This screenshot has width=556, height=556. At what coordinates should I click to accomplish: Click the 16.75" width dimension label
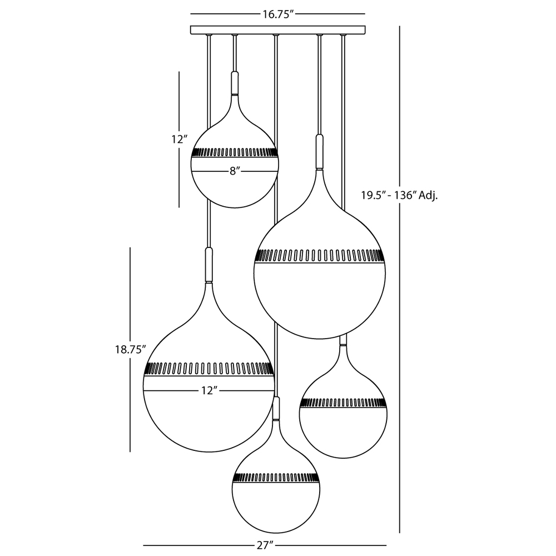click(279, 14)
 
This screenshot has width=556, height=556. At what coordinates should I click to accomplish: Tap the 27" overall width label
click(265, 545)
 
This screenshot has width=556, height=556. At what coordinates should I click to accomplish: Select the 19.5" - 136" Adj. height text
click(399, 195)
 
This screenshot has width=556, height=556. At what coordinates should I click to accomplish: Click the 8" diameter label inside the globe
click(235, 171)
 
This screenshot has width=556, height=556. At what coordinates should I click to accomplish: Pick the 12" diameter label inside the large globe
click(209, 391)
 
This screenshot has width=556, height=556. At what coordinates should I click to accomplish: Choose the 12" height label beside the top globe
click(180, 140)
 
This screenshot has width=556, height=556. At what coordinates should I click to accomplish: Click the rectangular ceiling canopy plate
click(277, 30)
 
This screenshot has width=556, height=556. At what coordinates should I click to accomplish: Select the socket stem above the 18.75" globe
click(209, 265)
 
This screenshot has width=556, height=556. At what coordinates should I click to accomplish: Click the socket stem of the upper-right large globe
click(320, 151)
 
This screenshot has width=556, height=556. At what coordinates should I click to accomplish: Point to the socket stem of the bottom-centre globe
click(276, 408)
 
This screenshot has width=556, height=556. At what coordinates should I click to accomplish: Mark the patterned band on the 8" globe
click(235, 152)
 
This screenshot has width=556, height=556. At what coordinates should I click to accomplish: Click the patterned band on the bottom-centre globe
click(276, 478)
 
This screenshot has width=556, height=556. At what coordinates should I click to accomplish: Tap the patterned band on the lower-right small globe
click(343, 403)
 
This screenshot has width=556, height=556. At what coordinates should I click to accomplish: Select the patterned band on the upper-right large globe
click(320, 256)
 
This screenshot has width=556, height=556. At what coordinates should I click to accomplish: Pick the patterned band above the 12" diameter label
click(209, 369)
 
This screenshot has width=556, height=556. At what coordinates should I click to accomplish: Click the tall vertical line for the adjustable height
click(400, 279)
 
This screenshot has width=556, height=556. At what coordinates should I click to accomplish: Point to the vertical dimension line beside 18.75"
click(130, 350)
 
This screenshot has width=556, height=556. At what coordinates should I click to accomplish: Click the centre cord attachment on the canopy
click(276, 35)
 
